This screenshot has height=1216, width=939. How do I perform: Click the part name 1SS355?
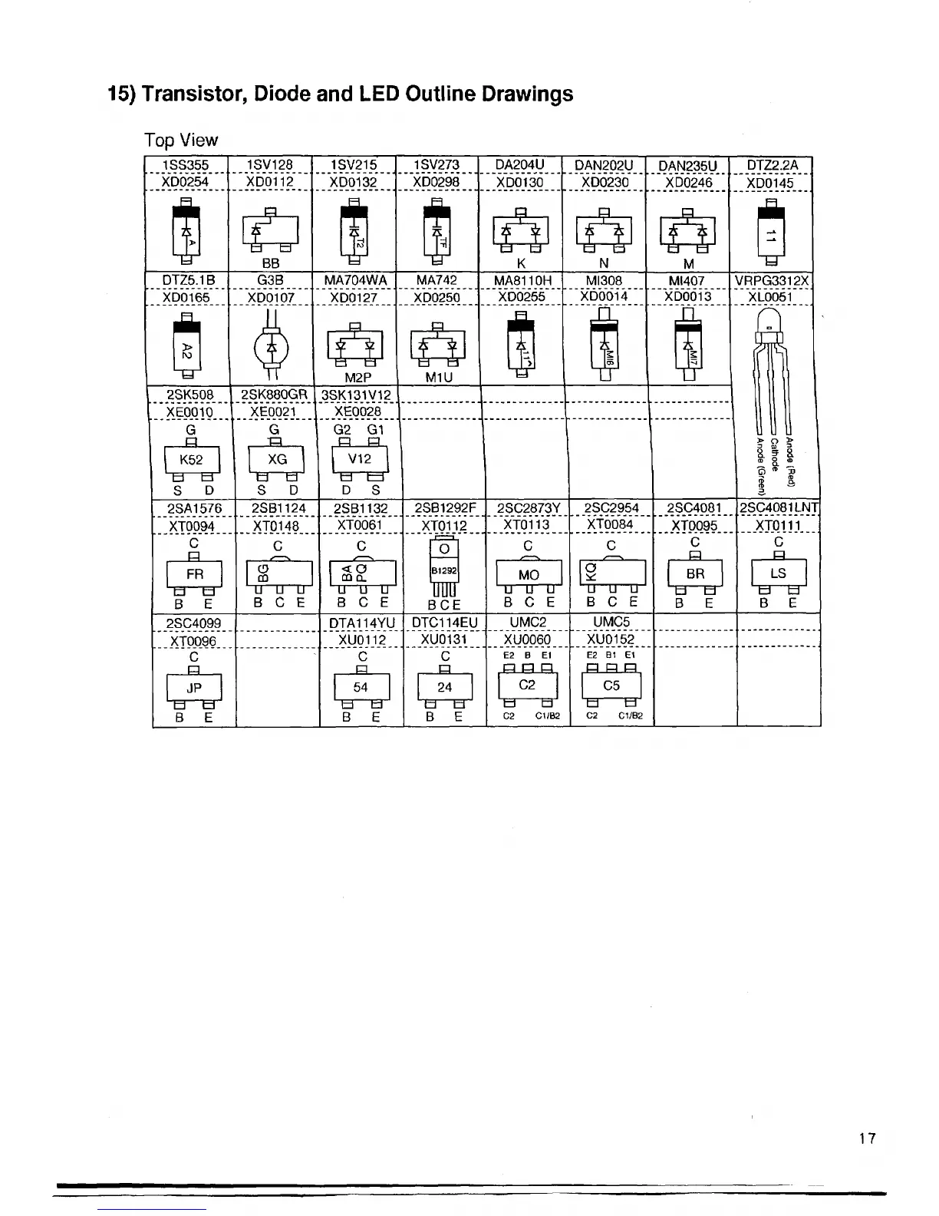[x=186, y=165]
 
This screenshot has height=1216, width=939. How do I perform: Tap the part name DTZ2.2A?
[x=772, y=165]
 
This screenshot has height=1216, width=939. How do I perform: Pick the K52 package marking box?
[x=191, y=460]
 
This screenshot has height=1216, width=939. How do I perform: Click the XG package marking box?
[x=277, y=459]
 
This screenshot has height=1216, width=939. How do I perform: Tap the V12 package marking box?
[x=360, y=459]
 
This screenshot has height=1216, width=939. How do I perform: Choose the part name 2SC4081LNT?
[x=778, y=507]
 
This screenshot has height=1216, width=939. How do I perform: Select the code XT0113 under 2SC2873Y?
[x=526, y=524]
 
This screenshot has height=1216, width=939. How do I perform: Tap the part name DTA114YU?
[x=361, y=623]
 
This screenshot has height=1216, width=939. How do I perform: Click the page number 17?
[x=867, y=1138]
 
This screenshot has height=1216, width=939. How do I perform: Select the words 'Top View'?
[x=181, y=140]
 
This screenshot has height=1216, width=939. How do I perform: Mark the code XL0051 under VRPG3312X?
[x=772, y=296]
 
